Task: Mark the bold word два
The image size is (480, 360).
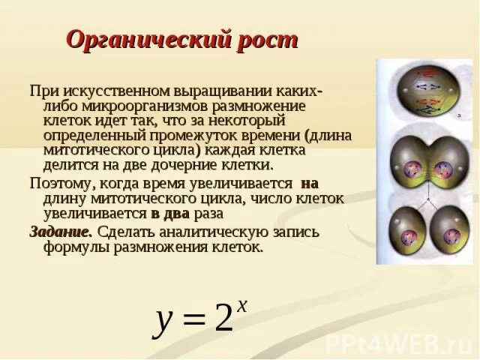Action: coord(174,213)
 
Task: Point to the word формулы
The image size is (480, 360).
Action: coord(73,247)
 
